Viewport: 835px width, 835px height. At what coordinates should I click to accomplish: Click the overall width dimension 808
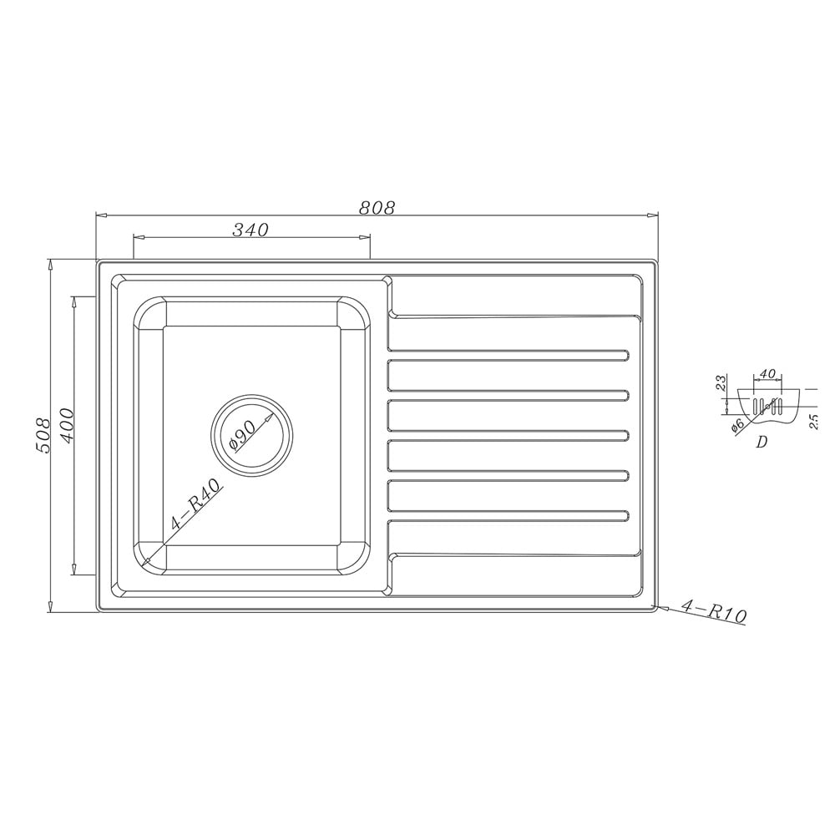pyautogui.click(x=376, y=207)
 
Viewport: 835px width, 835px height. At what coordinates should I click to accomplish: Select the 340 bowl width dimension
pyautogui.click(x=250, y=230)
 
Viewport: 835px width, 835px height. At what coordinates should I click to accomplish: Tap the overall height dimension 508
pyautogui.click(x=44, y=435)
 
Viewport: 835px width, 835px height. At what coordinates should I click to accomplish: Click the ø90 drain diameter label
pyautogui.click(x=241, y=435)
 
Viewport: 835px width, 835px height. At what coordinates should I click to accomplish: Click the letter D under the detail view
pyautogui.click(x=761, y=443)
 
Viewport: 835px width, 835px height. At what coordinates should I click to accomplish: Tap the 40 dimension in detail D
pyautogui.click(x=768, y=374)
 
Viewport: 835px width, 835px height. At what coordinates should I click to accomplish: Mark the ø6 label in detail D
pyautogui.click(x=738, y=425)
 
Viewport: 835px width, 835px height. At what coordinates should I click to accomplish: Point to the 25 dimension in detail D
pyautogui.click(x=813, y=420)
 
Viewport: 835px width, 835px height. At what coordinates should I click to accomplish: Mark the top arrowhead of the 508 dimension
pyautogui.click(x=52, y=264)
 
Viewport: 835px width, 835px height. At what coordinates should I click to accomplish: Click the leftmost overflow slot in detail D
pyautogui.click(x=757, y=407)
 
